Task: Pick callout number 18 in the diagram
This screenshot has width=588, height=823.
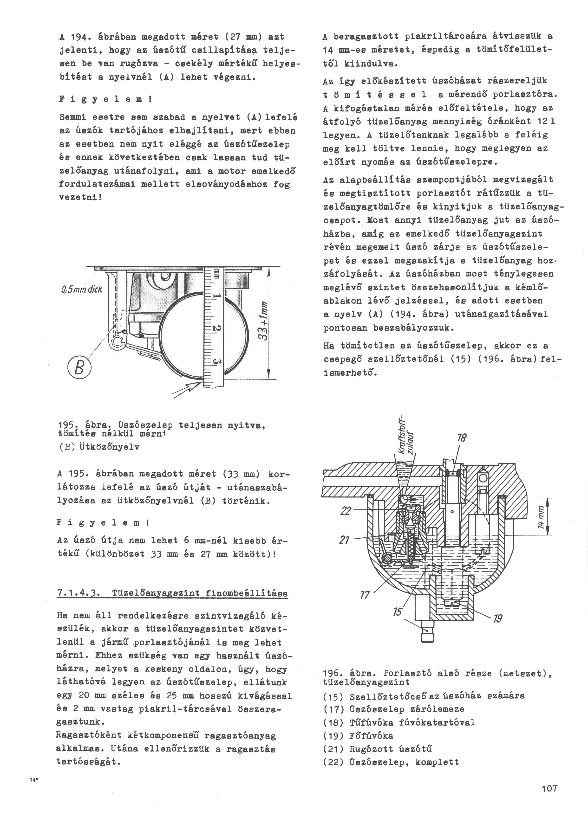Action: click(x=462, y=438)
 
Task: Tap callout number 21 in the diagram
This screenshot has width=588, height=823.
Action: click(x=344, y=540)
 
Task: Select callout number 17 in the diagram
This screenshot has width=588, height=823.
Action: click(x=365, y=594)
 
